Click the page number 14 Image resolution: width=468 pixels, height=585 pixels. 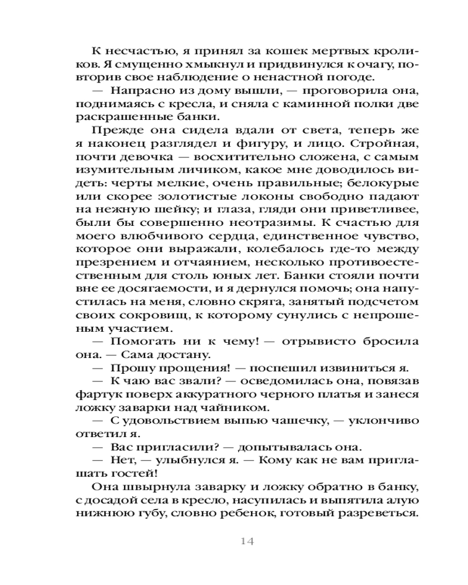tap(246, 541)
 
